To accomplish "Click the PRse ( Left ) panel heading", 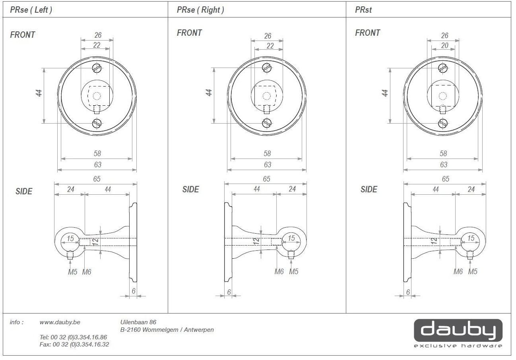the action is click(31, 10).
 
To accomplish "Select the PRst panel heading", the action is click(363, 10).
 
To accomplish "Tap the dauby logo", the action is click(458, 333).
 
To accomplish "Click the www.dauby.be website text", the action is click(60, 322).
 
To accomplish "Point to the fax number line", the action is click(74, 345).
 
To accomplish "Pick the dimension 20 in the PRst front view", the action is click(444, 45).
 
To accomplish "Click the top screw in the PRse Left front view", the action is click(97, 68).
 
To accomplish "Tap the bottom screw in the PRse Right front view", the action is click(267, 123).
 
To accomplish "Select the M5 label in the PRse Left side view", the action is click(73, 272).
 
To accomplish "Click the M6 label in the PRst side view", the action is click(458, 272).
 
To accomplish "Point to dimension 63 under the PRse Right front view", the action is click(268, 165).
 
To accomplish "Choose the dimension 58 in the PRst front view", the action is click(443, 153).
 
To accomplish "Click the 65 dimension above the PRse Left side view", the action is click(97, 179).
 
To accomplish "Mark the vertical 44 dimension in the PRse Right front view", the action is click(208, 93).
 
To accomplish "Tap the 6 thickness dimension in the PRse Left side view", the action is click(134, 291).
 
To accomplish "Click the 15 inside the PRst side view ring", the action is click(471, 238).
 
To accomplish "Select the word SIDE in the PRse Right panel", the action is click(190, 190).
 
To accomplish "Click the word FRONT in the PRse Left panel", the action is click(22, 35).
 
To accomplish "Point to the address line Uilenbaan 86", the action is click(138, 322).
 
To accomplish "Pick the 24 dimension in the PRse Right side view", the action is click(292, 189).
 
